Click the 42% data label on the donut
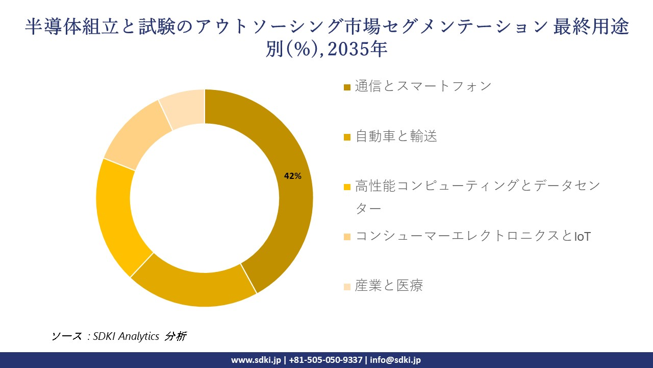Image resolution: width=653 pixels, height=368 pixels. [x=292, y=176]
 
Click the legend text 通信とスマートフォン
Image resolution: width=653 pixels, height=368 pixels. [x=423, y=86]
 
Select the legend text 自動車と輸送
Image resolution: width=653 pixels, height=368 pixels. [x=396, y=136]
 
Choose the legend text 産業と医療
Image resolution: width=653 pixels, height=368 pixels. [x=389, y=285]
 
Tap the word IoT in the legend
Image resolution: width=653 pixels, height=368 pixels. [x=582, y=237]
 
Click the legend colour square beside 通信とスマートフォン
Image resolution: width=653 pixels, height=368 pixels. [x=347, y=87]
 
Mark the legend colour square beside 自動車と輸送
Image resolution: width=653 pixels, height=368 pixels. [x=347, y=137]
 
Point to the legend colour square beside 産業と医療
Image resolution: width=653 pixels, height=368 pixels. [x=347, y=287]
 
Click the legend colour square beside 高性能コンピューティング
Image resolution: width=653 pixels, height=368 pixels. [x=347, y=187]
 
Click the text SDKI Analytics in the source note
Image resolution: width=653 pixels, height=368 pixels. [x=127, y=336]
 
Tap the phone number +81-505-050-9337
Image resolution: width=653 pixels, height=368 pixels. [x=326, y=360]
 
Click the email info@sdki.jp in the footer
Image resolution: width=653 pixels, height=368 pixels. [x=396, y=360]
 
